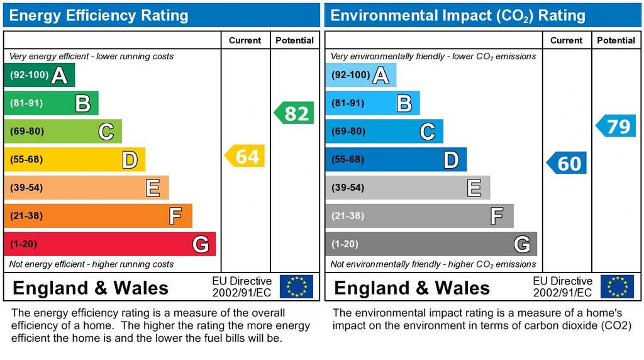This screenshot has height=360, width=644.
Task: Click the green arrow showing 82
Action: pos(294,113)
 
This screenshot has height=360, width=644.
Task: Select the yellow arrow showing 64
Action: pos(245,155)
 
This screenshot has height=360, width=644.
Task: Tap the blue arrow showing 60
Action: pos(567,163)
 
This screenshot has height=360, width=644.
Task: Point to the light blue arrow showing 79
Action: pos(616,126)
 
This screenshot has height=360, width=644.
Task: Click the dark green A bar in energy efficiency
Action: pos(39,76)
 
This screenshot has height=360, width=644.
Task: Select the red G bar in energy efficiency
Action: pos(109,244)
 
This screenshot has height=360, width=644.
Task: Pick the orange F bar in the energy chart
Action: pos(97,216)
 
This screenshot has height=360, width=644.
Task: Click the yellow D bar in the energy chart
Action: pos(74,160)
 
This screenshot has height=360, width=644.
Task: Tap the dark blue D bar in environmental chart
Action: pos(396,160)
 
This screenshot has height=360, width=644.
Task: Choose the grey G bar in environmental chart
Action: pos(431,244)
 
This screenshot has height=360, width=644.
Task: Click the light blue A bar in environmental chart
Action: pos(360,76)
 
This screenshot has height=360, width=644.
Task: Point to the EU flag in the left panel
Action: pos(296,286)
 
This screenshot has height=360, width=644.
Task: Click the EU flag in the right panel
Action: pos(617,286)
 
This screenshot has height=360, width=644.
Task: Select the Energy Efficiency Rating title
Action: pos(99,15)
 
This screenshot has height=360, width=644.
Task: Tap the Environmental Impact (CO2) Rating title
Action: pos(458,15)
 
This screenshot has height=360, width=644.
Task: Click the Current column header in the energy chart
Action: pos(245,40)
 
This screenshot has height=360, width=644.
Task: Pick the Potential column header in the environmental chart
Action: pos(616,40)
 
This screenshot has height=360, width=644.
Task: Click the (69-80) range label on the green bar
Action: pos(26,132)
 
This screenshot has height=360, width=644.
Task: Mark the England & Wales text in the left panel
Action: pos(91,288)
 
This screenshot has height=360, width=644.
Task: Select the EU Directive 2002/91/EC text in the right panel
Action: pos(563,286)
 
